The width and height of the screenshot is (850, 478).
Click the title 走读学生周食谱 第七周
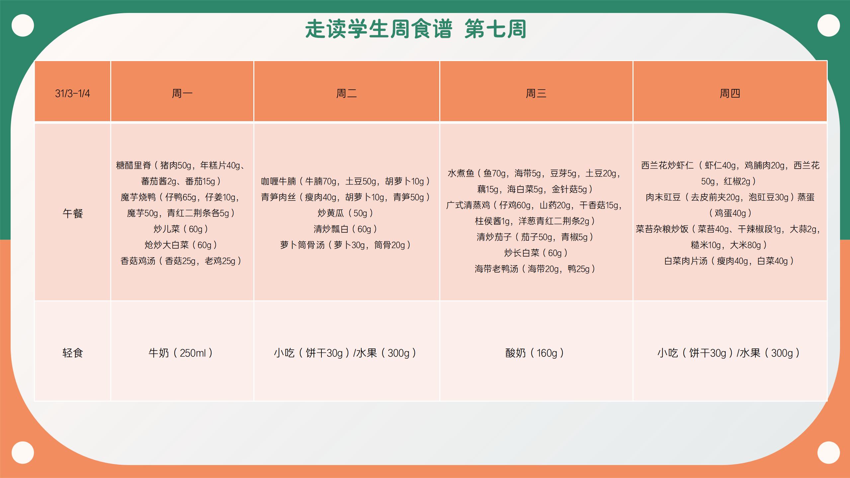coord(416,29)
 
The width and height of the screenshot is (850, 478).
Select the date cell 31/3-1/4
coord(72,94)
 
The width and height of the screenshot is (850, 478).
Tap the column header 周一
coord(182,94)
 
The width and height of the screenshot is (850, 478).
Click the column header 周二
coord(346,94)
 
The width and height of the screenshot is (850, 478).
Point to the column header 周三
coord(536,94)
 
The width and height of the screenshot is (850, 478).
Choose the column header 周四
coord(730,94)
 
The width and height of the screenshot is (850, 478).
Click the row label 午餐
coord(73,213)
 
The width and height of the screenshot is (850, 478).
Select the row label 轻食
coord(73,353)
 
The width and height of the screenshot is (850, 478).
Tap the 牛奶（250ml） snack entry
coord(181,353)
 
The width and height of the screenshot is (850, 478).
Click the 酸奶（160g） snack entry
coord(535,353)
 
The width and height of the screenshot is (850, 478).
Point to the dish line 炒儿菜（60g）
coord(181,229)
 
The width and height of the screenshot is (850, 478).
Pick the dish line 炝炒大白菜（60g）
coord(181,245)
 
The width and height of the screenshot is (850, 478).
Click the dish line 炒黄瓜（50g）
coord(345,213)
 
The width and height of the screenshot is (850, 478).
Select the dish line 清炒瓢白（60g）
coord(345,229)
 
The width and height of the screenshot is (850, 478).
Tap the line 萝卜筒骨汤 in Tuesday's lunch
coord(345,245)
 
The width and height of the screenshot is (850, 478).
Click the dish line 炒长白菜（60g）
coord(535,253)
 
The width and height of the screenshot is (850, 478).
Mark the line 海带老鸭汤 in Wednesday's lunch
coord(535,269)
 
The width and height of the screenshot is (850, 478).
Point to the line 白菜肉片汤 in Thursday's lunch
coord(729,261)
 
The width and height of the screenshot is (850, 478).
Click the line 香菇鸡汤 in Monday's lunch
coord(181,261)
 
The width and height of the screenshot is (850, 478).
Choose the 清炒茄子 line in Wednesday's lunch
coord(535,237)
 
